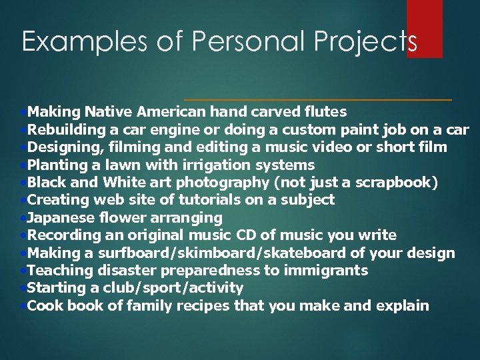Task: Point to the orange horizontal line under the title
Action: coord(317,99)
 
